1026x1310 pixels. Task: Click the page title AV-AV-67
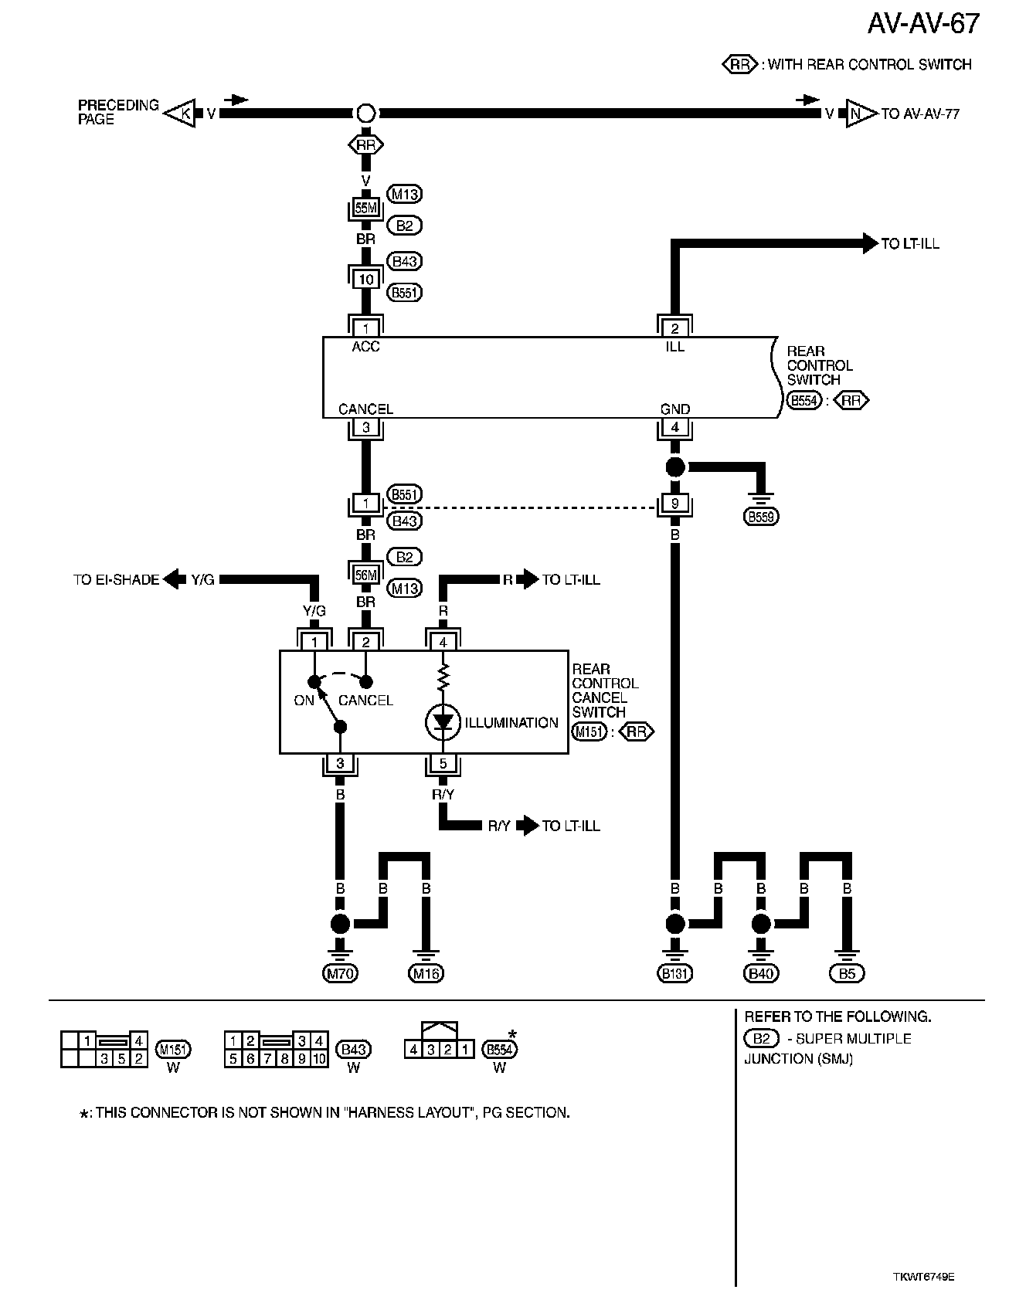tap(922, 24)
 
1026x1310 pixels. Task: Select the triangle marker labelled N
tap(856, 114)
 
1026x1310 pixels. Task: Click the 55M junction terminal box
tap(365, 209)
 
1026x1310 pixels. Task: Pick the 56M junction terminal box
tap(365, 575)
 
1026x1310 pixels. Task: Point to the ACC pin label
tap(365, 347)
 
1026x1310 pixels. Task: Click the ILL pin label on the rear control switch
tap(674, 347)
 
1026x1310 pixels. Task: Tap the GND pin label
tap(674, 409)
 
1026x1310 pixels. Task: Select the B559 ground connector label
tap(761, 517)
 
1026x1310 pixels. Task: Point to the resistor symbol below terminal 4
tap(443, 678)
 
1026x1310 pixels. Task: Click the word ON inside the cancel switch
tap(304, 701)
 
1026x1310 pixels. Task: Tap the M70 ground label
tap(340, 974)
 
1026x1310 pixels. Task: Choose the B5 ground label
tap(847, 974)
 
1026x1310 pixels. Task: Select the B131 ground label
tap(674, 974)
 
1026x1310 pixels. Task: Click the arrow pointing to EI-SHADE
tap(175, 579)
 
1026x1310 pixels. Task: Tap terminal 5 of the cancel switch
tap(443, 764)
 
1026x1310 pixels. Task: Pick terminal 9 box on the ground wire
tap(674, 504)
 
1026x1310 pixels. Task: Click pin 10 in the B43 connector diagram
tap(320, 1058)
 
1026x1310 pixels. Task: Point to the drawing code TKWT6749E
tap(923, 1277)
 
